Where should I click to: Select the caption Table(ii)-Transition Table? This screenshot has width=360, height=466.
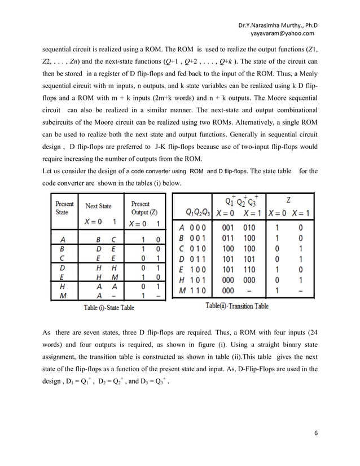click(238, 306)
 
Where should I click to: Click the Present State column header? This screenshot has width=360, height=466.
click(64, 208)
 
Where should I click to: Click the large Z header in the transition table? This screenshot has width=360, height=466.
click(289, 200)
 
